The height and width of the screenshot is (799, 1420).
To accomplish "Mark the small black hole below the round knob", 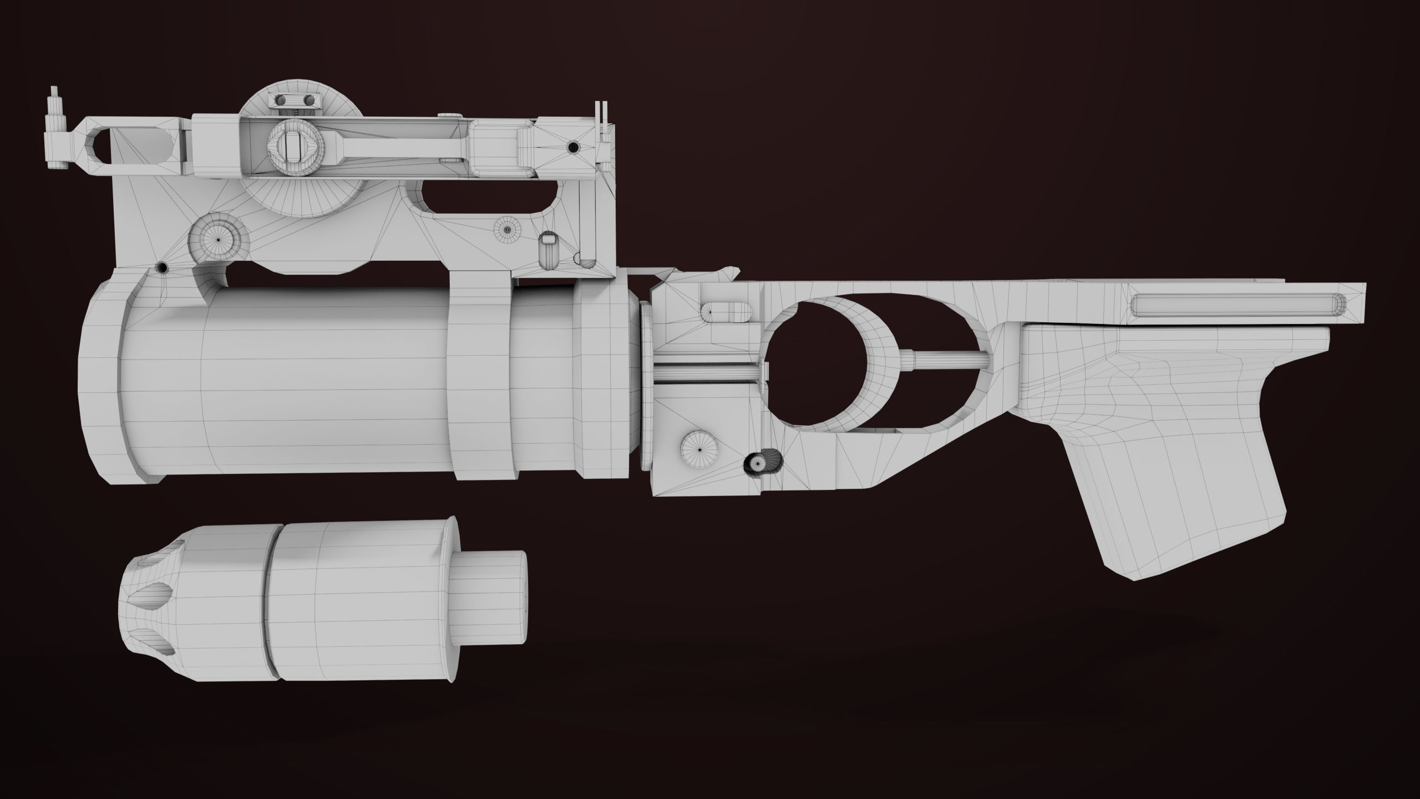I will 163,267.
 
